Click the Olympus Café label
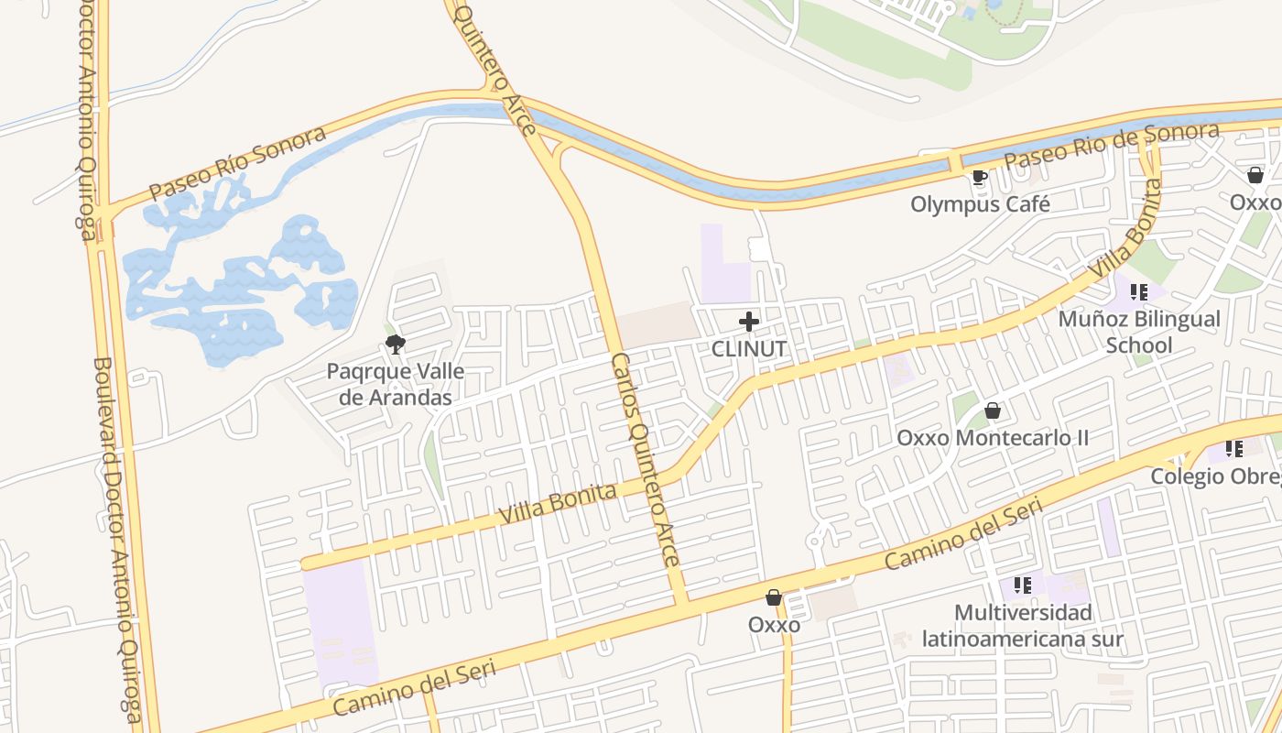(x=980, y=203)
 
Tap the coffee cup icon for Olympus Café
(x=979, y=177)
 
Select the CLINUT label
(x=749, y=348)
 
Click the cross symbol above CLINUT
(x=749, y=322)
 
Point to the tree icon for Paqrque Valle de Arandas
(x=396, y=345)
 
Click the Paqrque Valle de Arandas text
(x=396, y=385)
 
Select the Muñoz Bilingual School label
(x=1139, y=332)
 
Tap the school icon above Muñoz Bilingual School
(x=1139, y=292)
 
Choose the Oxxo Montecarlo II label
(x=993, y=437)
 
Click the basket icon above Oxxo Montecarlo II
(x=993, y=410)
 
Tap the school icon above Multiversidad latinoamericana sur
(x=1023, y=585)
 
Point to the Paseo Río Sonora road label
(x=237, y=163)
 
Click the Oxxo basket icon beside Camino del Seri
(x=774, y=597)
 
